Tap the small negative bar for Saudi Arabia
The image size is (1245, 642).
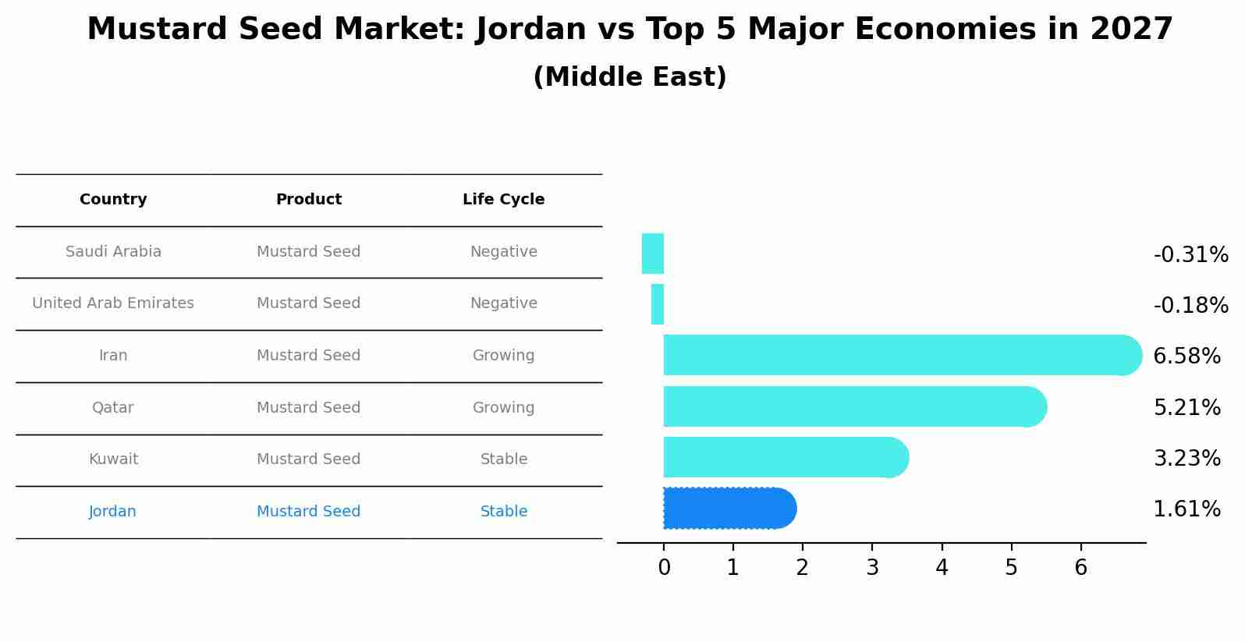653,254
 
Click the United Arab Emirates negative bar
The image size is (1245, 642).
658,304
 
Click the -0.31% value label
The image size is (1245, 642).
1190,255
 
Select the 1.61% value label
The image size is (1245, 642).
1186,509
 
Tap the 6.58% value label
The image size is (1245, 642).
1186,356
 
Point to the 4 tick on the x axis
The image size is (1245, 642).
942,568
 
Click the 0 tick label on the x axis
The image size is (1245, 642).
664,568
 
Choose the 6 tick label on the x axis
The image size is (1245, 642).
1080,568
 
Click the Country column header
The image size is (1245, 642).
113,200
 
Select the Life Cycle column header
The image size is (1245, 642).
503,200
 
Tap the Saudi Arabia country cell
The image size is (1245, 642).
113,252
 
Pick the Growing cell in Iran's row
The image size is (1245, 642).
503,356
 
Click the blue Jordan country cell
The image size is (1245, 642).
112,512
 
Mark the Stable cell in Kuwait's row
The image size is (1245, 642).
503,459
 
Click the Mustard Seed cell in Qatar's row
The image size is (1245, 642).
308,408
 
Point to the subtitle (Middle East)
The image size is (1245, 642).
630,77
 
